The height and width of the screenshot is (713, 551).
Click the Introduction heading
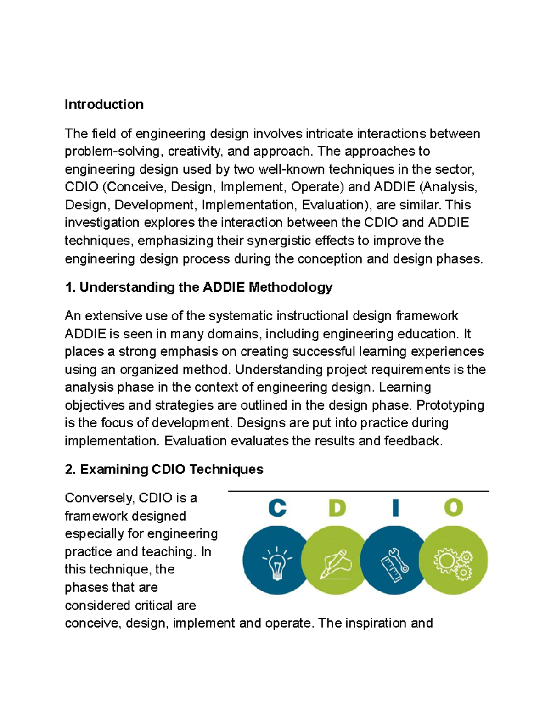104,105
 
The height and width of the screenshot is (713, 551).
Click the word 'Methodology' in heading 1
290,287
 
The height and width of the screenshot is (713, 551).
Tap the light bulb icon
277,561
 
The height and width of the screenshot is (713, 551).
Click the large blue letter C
277,508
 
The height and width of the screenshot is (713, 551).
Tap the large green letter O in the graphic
453,508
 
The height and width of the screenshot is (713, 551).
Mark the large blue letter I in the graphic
395,508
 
